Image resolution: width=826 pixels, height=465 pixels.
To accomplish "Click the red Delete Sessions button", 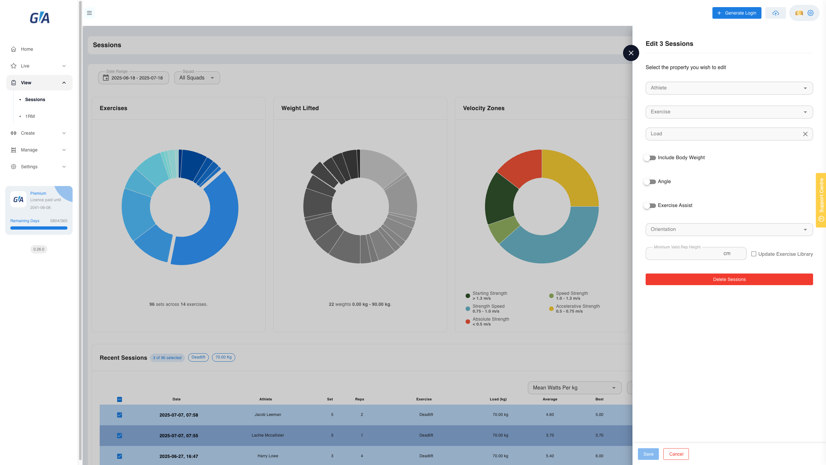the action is coord(729,279).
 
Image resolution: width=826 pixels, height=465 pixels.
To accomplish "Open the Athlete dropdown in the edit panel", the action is coord(729,88).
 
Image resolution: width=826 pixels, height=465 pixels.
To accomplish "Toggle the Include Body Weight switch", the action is coord(650,158).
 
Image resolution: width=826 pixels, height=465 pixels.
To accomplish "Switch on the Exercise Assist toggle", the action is coord(650,206).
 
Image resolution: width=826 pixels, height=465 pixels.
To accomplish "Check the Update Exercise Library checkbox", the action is coord(754,254).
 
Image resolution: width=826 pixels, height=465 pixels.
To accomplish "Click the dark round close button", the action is coord(631,53).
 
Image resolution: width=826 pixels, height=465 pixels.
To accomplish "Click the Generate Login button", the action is coord(737,13).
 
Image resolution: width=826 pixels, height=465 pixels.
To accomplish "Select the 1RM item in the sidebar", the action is coord(30,116).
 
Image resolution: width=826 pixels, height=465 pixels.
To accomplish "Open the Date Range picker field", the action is coord(134,78).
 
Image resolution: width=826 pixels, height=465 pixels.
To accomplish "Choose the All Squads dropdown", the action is coord(197,78).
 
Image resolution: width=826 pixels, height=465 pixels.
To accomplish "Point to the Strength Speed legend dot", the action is coord(468,309).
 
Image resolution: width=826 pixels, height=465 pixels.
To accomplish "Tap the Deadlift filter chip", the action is coord(198,357).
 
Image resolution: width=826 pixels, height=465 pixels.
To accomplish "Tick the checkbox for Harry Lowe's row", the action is coord(120,456).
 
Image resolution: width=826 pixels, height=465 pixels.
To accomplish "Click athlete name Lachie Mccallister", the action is coord(268,435).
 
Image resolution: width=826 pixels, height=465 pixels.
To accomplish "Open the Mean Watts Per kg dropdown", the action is coord(575,388).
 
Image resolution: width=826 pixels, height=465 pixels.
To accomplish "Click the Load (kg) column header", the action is coord(498,399).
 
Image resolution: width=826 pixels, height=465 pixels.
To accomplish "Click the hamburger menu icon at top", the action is coord(89,13).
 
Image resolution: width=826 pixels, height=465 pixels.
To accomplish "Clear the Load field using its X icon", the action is coord(805,134).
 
